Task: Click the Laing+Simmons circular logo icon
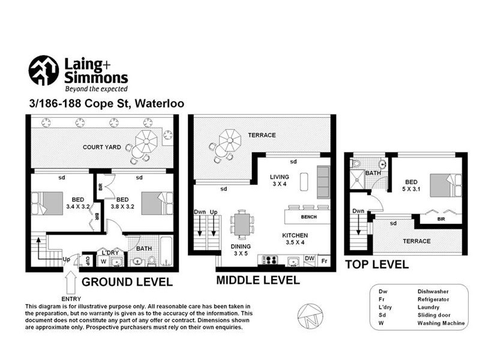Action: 43,70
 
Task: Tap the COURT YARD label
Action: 102,147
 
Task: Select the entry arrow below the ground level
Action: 71,283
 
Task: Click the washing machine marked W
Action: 103,261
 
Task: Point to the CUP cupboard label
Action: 88,261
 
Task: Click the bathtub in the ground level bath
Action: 167,251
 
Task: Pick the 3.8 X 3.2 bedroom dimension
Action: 122,206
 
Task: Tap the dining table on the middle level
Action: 242,224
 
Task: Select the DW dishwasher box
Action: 310,259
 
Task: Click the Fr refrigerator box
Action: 324,261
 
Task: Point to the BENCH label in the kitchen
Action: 308,217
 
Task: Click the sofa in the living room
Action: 323,182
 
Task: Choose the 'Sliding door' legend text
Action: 434,315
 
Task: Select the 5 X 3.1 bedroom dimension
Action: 411,189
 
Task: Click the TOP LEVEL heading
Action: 377,265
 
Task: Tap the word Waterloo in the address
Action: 160,103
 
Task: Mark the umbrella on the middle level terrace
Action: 230,140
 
